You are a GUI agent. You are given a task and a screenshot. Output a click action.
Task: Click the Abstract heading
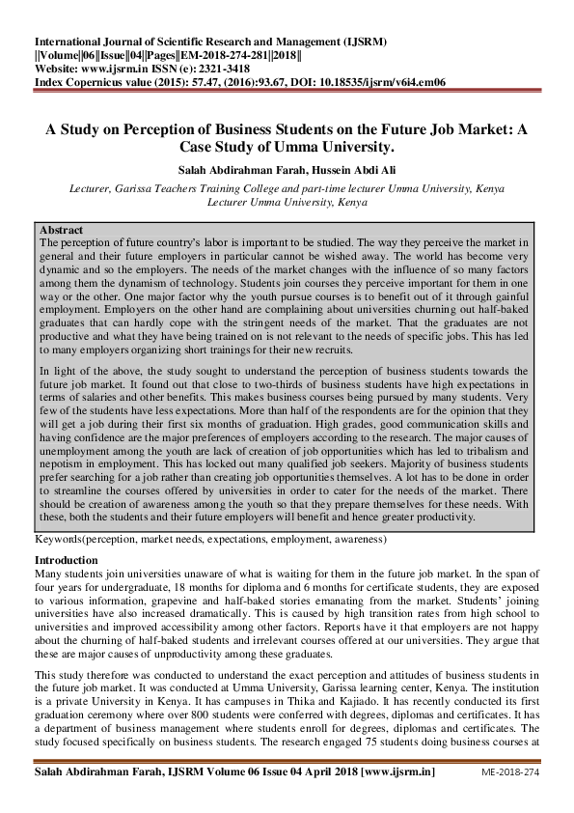click(60, 231)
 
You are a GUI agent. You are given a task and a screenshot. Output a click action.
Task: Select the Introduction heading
click(67, 560)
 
